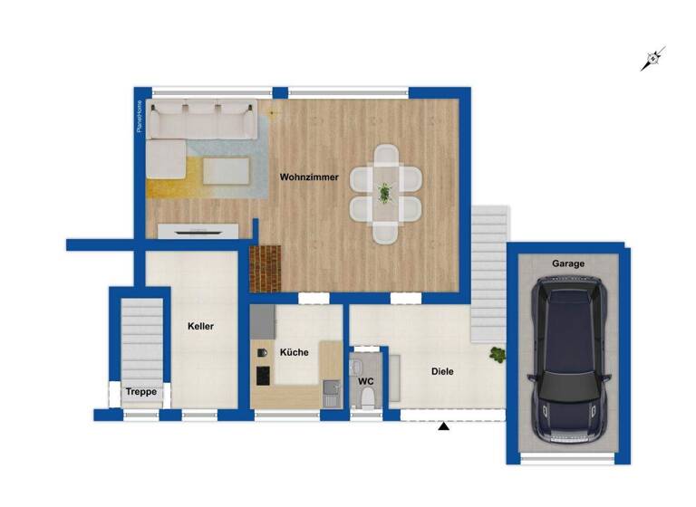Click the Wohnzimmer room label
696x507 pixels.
(x=309, y=177)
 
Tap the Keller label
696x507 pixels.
(x=200, y=326)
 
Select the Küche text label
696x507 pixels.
(x=294, y=353)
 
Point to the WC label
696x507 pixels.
(x=366, y=381)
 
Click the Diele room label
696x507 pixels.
(x=442, y=371)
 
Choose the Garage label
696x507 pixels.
(x=568, y=263)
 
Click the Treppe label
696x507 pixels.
(x=140, y=392)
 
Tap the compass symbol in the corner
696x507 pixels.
(x=652, y=60)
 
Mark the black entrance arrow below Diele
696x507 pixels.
(x=444, y=426)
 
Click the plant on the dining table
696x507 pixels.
(x=385, y=193)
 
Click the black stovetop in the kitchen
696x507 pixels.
(x=263, y=374)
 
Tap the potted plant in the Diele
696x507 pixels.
(x=497, y=355)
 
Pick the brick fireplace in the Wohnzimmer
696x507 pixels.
(x=266, y=268)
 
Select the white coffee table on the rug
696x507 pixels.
(x=226, y=169)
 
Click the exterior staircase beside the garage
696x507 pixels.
(x=490, y=272)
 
